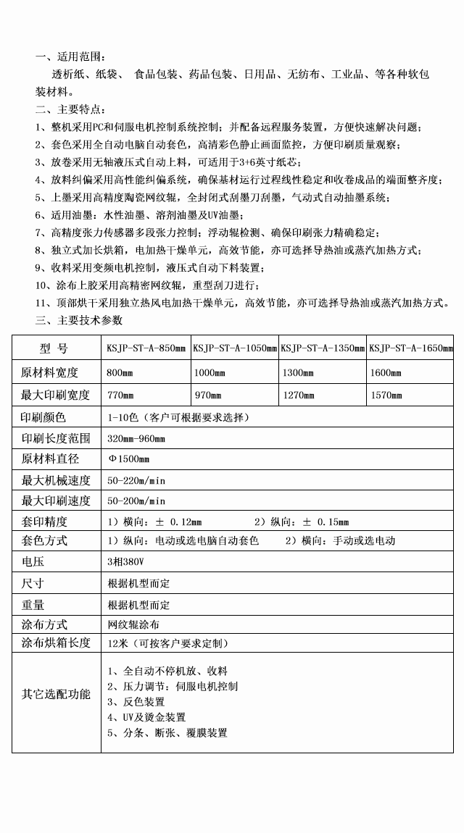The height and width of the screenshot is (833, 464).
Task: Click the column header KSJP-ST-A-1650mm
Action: point(411,348)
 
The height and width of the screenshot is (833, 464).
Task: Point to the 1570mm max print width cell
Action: point(386,395)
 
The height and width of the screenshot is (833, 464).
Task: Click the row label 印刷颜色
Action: point(44,417)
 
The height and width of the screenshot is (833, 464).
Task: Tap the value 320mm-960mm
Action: point(136,439)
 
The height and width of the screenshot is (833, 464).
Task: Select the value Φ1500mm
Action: point(128,459)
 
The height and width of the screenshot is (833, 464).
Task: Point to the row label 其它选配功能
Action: point(56,695)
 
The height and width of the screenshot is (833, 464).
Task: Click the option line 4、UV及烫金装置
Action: point(146,717)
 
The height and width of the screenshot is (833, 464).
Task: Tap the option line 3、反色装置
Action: point(136,702)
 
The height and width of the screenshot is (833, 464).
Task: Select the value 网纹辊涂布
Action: point(133,624)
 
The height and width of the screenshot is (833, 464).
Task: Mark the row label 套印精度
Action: point(44,522)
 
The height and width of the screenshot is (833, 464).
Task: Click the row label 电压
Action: point(33,562)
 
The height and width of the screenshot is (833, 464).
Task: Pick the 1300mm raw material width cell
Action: point(297,373)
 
